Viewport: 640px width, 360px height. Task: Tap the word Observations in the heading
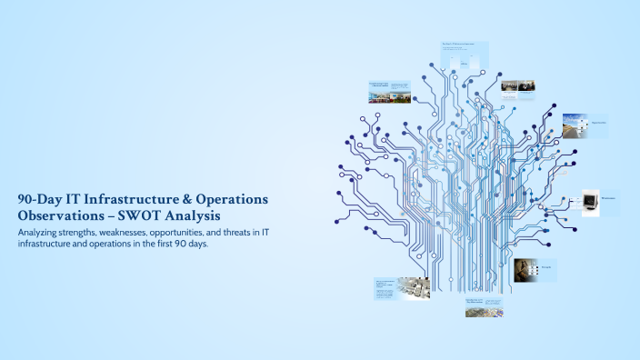(x=56, y=215)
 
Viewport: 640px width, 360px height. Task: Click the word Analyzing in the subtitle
(x=41, y=234)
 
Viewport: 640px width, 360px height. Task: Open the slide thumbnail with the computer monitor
(x=600, y=202)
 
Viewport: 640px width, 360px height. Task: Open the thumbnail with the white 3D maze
(x=401, y=289)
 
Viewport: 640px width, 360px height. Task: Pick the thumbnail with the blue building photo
(x=389, y=92)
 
